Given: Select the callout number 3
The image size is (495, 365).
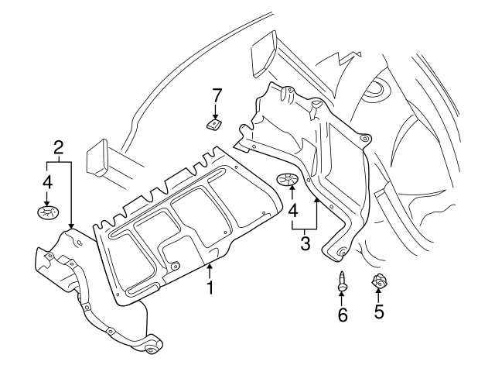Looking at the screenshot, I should pyautogui.click(x=305, y=245).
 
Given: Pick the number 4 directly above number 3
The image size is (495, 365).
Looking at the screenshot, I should pyautogui.click(x=292, y=209).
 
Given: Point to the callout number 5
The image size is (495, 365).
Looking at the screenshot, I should pyautogui.click(x=379, y=312).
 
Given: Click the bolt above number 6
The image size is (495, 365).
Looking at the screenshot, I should pyautogui.click(x=341, y=281).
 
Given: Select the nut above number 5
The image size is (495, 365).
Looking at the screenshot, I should pyautogui.click(x=379, y=281).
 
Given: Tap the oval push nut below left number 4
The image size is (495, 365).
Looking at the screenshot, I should pyautogui.click(x=46, y=211).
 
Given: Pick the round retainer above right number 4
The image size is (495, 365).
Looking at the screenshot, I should pyautogui.click(x=288, y=181).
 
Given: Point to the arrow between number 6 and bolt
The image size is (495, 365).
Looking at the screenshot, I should pyautogui.click(x=341, y=298).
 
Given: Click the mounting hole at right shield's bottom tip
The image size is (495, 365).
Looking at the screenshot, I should pyautogui.click(x=341, y=251).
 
